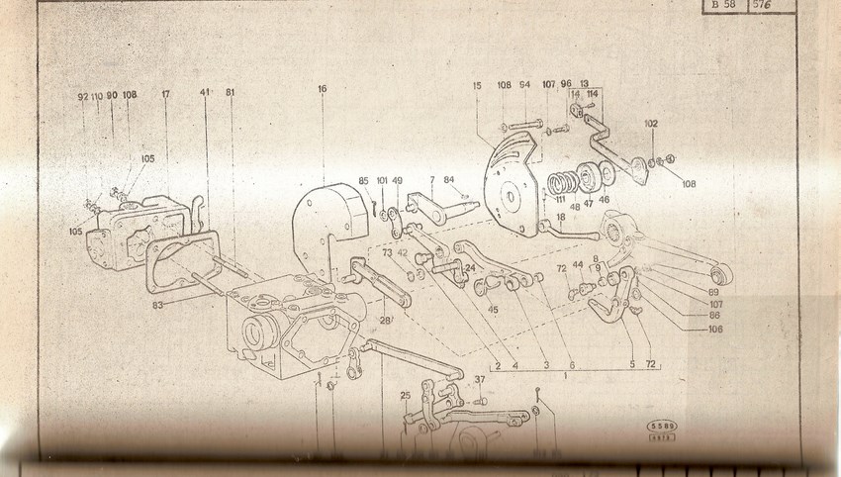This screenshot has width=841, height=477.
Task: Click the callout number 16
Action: pos(322,88)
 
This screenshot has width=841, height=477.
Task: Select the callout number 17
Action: pos(165,96)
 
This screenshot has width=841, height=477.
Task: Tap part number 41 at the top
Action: pos(205,93)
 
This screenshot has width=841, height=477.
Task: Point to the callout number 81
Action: pos(231,93)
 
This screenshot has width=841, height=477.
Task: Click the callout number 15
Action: pos(477,86)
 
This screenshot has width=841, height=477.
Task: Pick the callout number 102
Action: pos(650,125)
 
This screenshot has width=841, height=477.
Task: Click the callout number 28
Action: pos(386,321)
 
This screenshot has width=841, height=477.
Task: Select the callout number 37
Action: pos(480,379)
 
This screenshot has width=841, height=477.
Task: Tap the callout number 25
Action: pos(406,396)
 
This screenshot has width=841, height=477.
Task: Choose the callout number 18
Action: pos(560,217)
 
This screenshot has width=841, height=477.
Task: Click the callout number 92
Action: pos(82,96)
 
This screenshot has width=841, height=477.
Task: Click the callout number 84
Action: pos(449,179)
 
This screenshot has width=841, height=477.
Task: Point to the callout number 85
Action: pos(363,180)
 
